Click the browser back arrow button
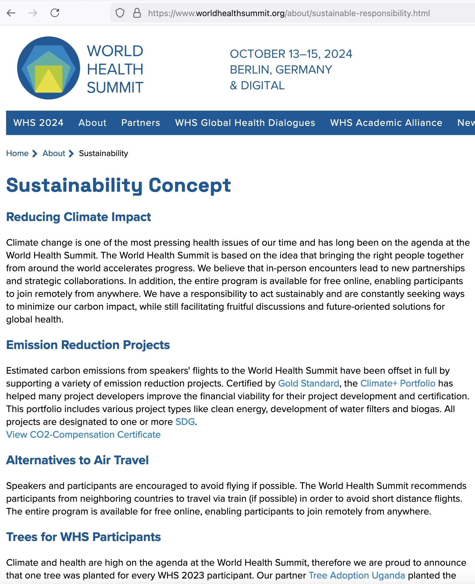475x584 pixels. tap(11, 13)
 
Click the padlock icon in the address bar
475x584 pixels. tap(137, 13)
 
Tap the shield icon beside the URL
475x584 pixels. tap(120, 13)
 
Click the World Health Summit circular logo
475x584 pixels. tap(49, 68)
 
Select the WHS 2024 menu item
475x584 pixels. tap(38, 123)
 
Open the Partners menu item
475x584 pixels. tap(140, 123)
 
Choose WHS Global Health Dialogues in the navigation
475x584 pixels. tap(245, 123)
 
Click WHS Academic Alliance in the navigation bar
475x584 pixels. tap(386, 123)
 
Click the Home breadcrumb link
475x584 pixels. tap(17, 153)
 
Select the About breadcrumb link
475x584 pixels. tap(54, 153)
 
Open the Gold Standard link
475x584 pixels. tap(308, 383)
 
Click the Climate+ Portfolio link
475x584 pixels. tap(398, 383)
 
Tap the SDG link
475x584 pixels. tap(185, 422)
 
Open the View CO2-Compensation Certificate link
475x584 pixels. tap(83, 434)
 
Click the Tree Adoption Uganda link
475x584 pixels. tap(357, 575)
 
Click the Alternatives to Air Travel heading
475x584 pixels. tap(77, 460)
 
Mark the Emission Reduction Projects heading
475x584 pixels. tap(88, 345)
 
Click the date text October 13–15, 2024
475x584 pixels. tap(291, 54)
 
